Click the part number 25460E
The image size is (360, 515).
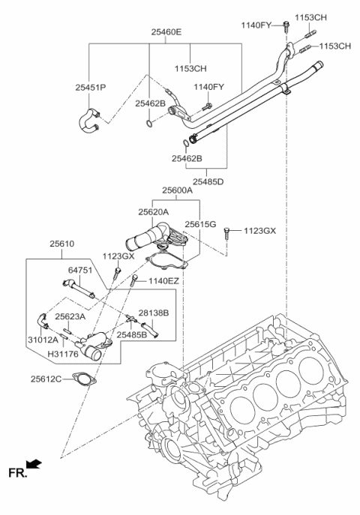pyautogui.click(x=166, y=32)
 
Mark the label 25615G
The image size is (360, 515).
pyautogui.click(x=201, y=224)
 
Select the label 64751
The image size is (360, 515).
pyautogui.click(x=80, y=271)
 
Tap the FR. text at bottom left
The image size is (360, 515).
pyautogui.click(x=16, y=472)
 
